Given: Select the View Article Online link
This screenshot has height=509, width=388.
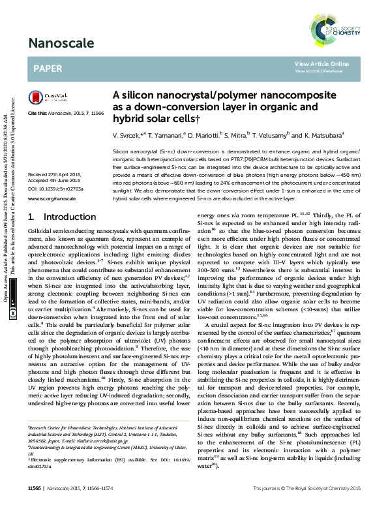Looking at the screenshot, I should pyautogui.click(x=321, y=63).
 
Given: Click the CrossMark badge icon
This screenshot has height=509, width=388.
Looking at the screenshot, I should pyautogui.click(x=44, y=99).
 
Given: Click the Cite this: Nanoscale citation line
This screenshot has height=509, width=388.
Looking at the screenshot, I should pyautogui.click(x=66, y=114).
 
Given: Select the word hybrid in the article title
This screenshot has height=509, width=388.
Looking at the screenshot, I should pyautogui.click(x=127, y=118).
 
